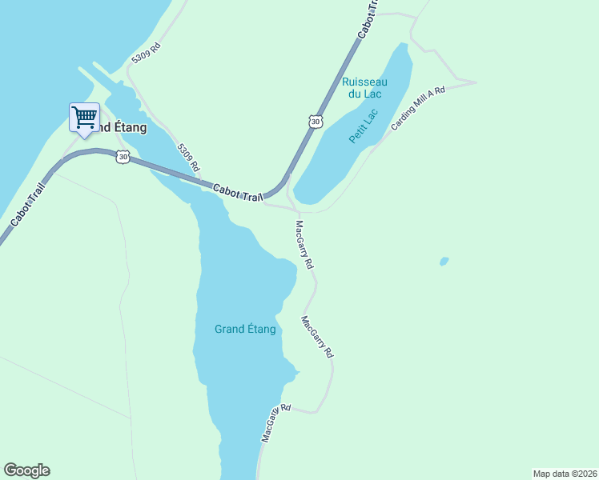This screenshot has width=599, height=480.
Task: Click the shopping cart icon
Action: click(84, 117)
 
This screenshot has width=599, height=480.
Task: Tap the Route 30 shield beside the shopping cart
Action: click(122, 157)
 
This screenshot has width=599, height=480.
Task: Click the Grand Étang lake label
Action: click(245, 329)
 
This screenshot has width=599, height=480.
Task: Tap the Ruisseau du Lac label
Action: click(364, 88)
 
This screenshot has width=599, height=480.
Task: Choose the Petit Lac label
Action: click(363, 127)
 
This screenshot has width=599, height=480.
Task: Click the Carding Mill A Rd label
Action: click(417, 109)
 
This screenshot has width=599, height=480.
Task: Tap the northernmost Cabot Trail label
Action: click(368, 18)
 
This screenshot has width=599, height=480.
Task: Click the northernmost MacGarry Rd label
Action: click(304, 245)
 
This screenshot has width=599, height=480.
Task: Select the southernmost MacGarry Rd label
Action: click(274, 424)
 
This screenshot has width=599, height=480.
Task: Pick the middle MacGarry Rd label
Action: click(317, 337)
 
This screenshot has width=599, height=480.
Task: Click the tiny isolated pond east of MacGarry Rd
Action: click(444, 262)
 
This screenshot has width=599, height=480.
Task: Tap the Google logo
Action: click(26, 470)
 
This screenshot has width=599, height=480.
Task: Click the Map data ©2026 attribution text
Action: click(565, 473)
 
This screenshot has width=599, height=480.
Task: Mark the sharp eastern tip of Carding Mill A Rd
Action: click(476, 82)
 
